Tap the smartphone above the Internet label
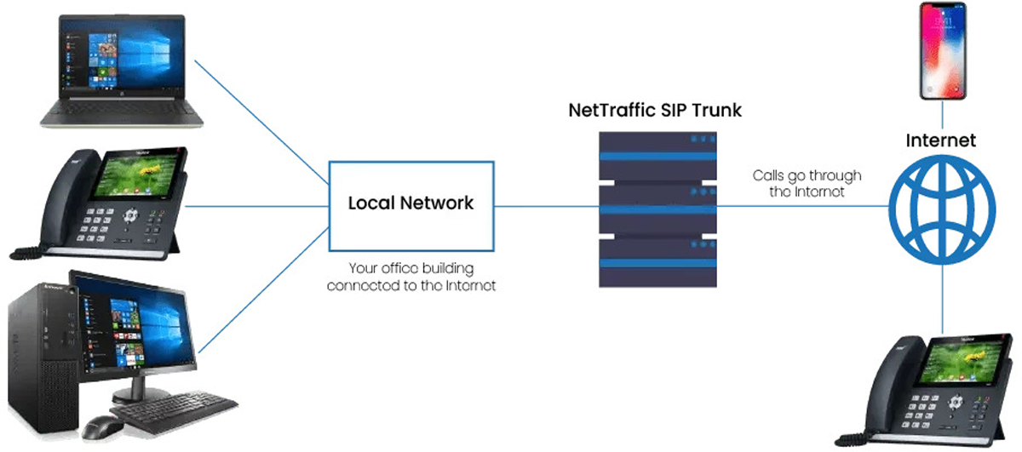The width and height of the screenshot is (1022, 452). pos(942,51)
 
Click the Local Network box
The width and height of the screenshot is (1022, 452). pos(411,204)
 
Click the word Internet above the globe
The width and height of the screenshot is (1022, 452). pos(941,140)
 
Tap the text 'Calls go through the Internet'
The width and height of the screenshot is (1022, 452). pos(807,184)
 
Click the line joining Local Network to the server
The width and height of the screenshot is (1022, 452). pos(545,206)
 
